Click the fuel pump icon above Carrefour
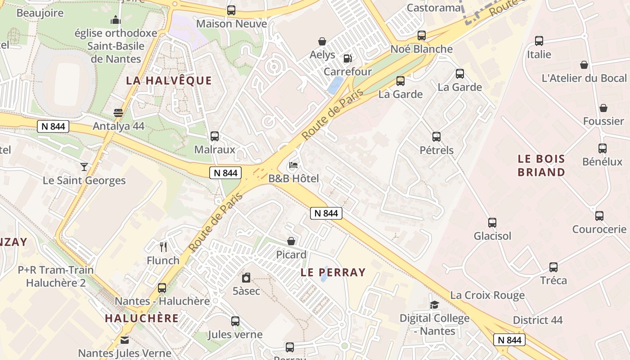[x=347, y=58]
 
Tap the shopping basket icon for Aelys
[x=322, y=41]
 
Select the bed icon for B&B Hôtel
[x=293, y=165]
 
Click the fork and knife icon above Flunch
[x=163, y=247]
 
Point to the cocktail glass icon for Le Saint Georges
[x=84, y=167]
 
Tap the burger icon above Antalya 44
[x=118, y=112]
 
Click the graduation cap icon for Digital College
[x=434, y=305]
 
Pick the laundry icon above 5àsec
[x=246, y=278]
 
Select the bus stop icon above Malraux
[x=215, y=136]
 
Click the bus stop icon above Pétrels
[x=436, y=137]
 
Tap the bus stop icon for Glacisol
[x=492, y=222]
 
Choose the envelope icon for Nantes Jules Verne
[x=125, y=340]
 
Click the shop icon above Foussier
[x=603, y=108]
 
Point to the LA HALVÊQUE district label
[x=169, y=81]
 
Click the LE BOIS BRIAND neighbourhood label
[x=541, y=165]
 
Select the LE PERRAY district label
[x=333, y=272]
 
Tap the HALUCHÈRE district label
[x=142, y=318]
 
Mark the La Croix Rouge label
[x=487, y=295]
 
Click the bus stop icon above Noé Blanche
[x=422, y=35]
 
